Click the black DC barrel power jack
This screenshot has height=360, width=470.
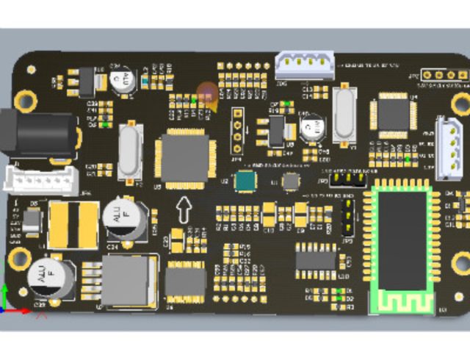click(40, 136)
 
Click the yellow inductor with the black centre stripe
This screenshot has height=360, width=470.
click(73, 225)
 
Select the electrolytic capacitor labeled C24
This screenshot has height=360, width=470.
click(119, 217)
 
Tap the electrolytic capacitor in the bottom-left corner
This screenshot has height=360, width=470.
click(50, 280)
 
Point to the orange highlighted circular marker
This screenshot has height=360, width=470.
click(208, 94)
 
